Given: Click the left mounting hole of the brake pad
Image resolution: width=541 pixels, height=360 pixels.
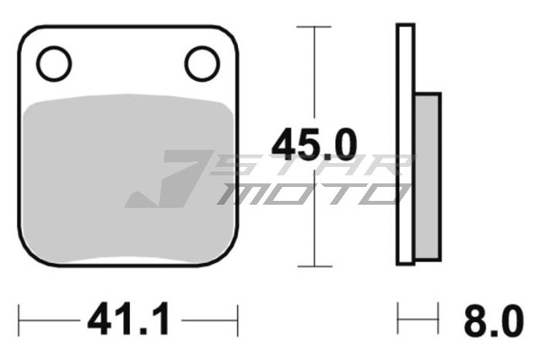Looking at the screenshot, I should [x=54, y=63].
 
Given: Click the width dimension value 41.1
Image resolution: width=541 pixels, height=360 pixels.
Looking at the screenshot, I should [x=128, y=319].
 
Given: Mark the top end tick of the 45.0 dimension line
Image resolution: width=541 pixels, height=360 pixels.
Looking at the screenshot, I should [x=315, y=27].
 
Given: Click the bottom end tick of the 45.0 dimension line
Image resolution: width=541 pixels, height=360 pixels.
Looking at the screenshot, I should [x=315, y=266].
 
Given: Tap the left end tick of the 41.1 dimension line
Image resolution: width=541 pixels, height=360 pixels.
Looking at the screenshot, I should [x=20, y=318].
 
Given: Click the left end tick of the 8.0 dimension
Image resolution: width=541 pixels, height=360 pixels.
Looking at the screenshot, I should [x=398, y=318].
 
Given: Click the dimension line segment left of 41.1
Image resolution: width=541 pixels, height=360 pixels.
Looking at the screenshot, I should [x=50, y=318].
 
